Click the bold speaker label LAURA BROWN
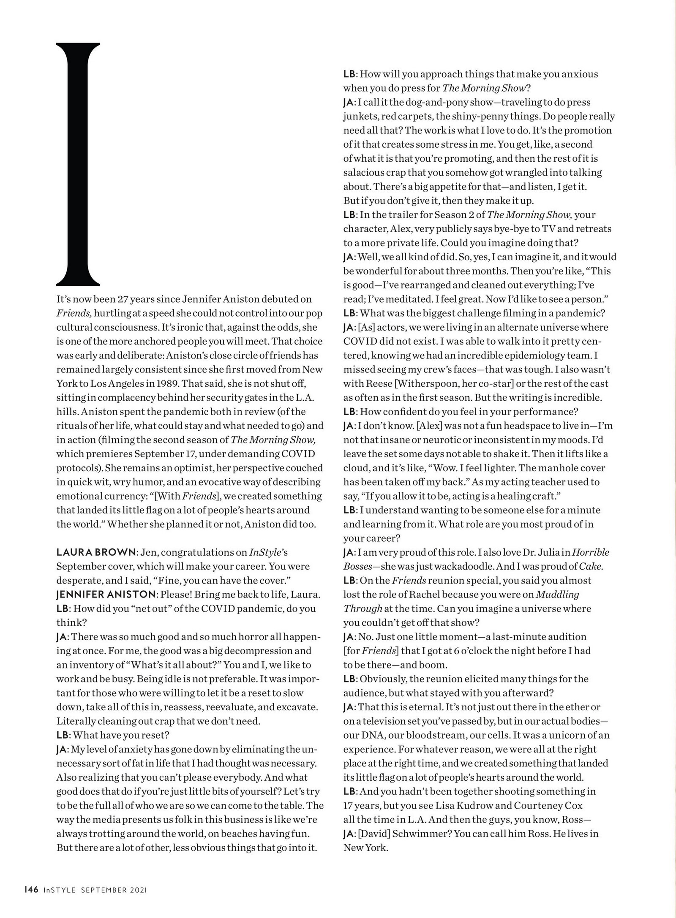96,552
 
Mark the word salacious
364,173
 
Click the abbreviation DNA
372,735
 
